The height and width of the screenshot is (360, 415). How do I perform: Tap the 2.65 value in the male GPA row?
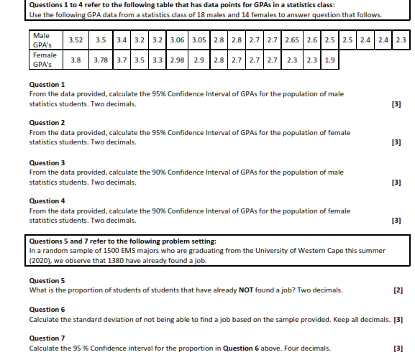point(292,39)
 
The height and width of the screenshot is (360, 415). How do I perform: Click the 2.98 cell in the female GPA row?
point(178,59)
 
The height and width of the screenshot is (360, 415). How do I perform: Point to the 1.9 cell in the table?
point(330,59)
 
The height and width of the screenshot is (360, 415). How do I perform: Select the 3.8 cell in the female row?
point(75,59)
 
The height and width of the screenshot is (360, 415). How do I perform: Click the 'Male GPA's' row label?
point(42,40)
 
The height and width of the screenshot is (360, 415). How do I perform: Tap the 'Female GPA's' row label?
point(45,59)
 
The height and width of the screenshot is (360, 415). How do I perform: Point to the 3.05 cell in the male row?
point(201,39)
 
